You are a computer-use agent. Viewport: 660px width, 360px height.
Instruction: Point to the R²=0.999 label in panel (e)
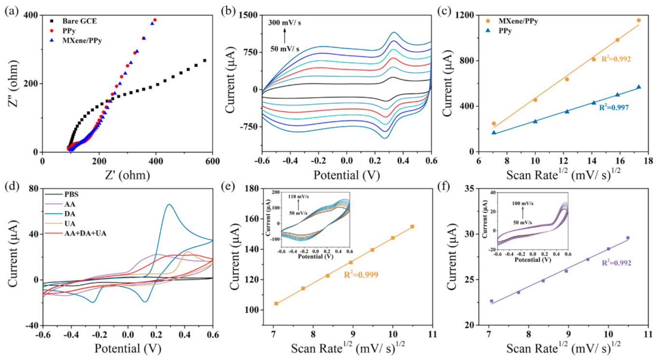[x=361, y=275]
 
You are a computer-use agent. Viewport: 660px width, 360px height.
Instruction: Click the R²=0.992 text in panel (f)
[x=617, y=263]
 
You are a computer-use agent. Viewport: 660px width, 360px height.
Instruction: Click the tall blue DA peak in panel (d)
[x=169, y=205]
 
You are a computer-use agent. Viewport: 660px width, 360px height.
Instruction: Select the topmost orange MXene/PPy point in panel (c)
[x=638, y=20]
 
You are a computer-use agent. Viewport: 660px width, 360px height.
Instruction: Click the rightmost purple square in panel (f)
[x=628, y=238]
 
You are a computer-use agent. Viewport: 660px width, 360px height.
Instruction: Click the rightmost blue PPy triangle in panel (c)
[x=638, y=87]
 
